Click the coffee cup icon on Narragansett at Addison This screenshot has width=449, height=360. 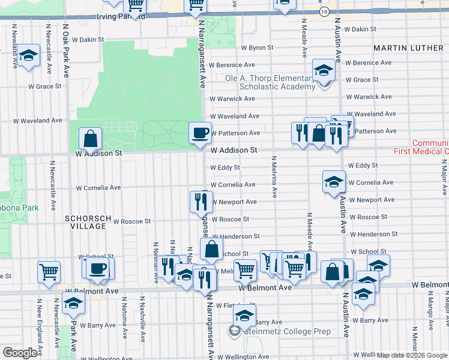pos(200,132)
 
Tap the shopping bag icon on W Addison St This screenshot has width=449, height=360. pos(90,139)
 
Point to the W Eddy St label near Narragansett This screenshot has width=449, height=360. pos(225,167)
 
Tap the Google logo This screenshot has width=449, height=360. pos(20,353)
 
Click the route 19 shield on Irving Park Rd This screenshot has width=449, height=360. pos(324,11)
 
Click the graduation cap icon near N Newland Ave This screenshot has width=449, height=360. pos(27,56)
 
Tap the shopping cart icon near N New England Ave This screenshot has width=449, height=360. pos(49,271)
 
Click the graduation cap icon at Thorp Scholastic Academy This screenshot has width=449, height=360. pos(324,70)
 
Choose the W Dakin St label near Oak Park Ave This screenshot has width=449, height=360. pos(88,40)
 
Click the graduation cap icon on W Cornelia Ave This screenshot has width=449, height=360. pos(333,181)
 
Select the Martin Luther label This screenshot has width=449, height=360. pos(411,47)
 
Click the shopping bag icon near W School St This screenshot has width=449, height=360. pos(212,248)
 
